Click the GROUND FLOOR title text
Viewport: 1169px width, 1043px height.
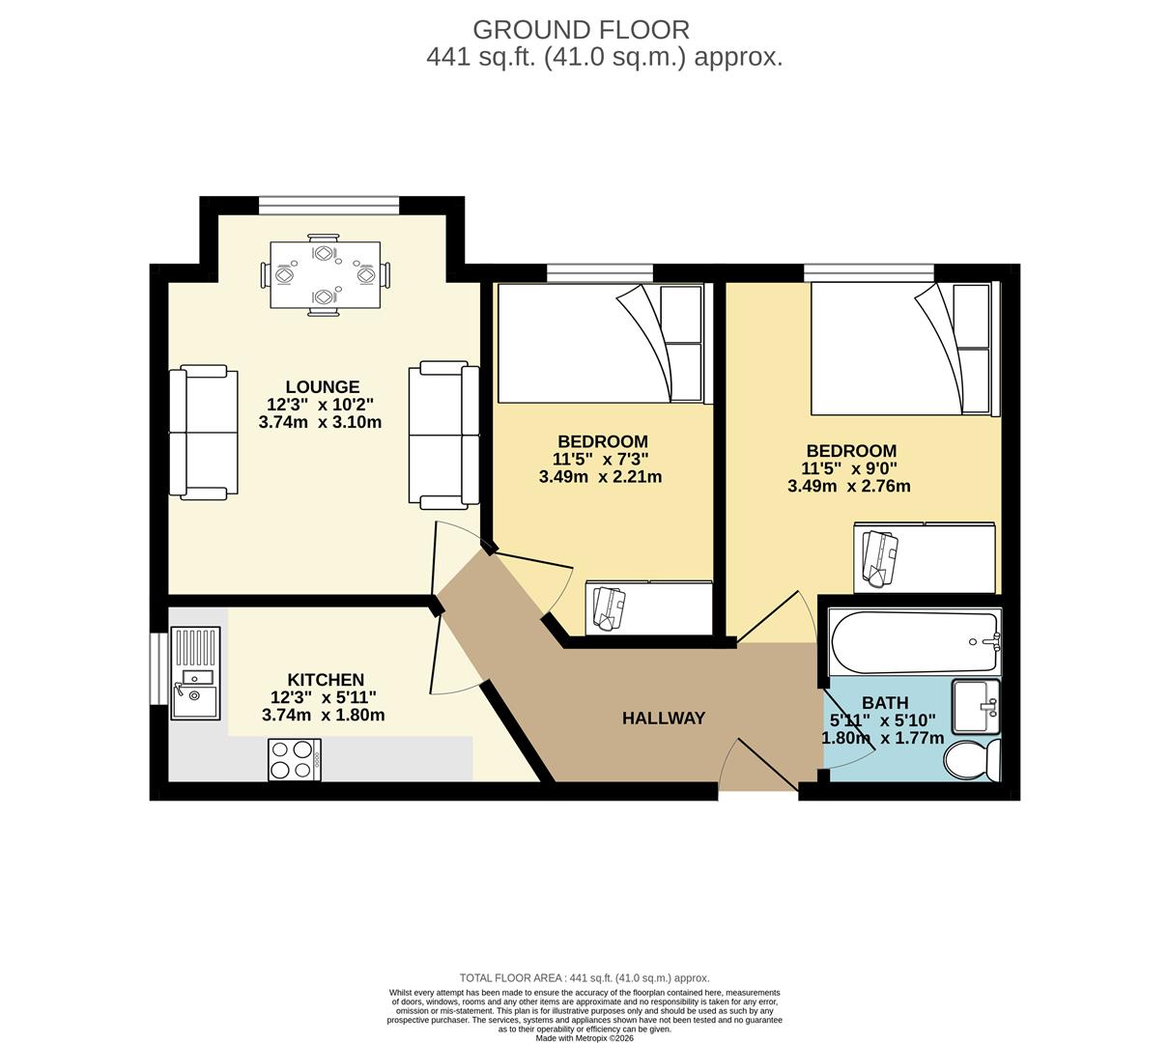(x=581, y=29)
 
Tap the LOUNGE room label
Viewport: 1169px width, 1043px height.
(x=323, y=387)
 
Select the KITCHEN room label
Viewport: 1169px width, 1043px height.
(x=325, y=680)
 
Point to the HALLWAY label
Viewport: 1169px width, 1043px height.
(x=663, y=719)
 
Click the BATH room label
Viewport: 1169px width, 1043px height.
(x=885, y=703)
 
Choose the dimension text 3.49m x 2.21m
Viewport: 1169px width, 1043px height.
(x=600, y=476)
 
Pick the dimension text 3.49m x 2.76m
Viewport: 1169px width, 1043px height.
(x=849, y=486)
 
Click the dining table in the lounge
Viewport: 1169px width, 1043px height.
(x=325, y=275)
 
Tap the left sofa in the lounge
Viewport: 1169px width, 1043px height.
(x=203, y=433)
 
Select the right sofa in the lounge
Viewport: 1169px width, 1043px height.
(x=443, y=435)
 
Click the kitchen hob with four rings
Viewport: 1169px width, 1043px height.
(x=295, y=759)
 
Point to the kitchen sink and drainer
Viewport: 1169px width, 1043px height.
(x=195, y=673)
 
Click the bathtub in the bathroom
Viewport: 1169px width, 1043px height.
(x=914, y=643)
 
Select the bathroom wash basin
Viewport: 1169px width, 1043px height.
(x=975, y=708)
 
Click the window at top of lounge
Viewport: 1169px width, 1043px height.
(x=328, y=205)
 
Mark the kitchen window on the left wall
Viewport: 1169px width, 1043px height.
(x=157, y=668)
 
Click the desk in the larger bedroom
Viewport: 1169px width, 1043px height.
(x=924, y=558)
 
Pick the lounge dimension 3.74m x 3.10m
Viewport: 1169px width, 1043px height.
(x=320, y=422)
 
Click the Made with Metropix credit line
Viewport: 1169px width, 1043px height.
(x=584, y=1038)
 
